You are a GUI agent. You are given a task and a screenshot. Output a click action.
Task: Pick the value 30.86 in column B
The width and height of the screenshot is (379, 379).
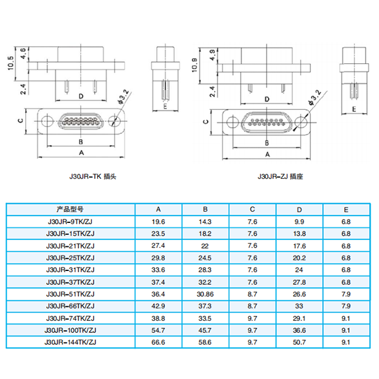point(205,294)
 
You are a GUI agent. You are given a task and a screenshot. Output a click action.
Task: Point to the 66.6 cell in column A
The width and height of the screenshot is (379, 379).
point(158,342)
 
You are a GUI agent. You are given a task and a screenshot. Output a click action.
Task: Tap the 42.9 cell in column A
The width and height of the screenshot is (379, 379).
point(158,306)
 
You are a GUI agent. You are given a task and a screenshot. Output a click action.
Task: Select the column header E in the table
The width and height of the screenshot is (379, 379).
point(346,209)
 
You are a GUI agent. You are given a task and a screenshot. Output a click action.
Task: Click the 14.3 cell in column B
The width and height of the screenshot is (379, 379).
point(205,222)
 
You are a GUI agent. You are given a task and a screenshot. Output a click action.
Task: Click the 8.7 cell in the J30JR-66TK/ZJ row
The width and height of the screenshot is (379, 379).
point(252,306)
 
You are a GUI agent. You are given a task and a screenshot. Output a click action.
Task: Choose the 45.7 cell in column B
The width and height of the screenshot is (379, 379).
point(205,330)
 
